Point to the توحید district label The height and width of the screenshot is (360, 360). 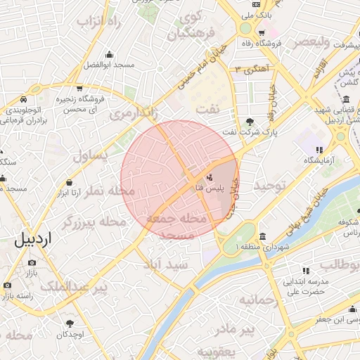tap(271, 186)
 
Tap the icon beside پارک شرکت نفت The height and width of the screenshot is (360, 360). tap(252, 121)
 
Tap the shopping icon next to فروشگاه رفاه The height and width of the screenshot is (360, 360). tap(261, 33)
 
